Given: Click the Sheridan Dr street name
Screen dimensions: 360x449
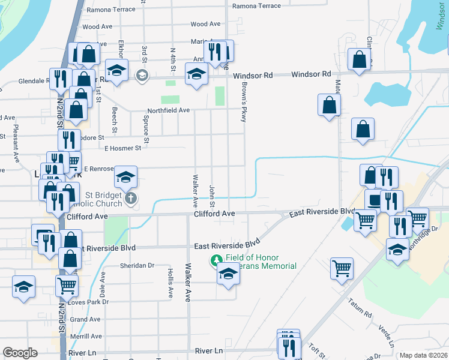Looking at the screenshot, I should pos(137,265).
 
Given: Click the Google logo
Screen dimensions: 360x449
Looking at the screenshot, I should pos(20,353).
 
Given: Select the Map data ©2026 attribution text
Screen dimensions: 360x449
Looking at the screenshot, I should pos(423,355).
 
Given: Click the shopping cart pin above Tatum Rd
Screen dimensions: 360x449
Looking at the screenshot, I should pos(342,269).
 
